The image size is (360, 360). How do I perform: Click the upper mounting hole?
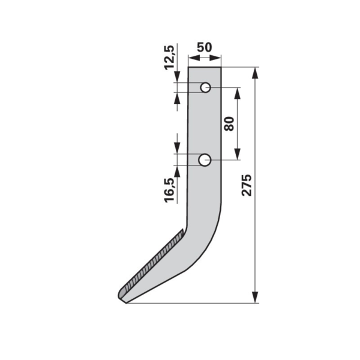(x=205, y=88)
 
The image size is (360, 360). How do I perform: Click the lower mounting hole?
(x=205, y=160)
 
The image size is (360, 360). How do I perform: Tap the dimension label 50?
(x=205, y=47)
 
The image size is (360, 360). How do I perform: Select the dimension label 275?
(x=247, y=185)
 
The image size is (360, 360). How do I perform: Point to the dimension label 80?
(x=229, y=124)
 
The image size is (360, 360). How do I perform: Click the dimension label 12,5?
(x=169, y=58)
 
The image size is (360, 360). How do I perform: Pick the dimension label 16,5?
(x=170, y=190)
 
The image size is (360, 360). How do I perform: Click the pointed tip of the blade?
(x=126, y=303)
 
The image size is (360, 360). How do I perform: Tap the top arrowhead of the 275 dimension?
(x=255, y=73)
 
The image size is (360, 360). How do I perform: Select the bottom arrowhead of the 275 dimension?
(x=255, y=298)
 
